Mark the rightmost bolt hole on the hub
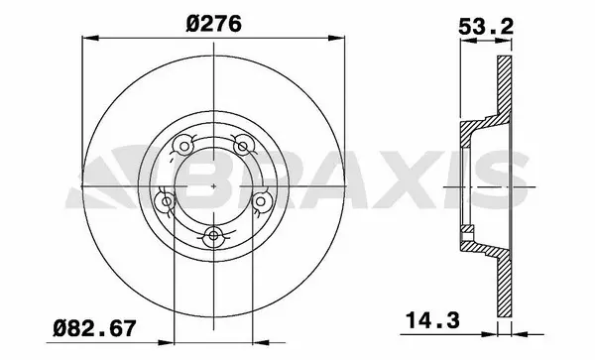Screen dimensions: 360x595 [x=262, y=202]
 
